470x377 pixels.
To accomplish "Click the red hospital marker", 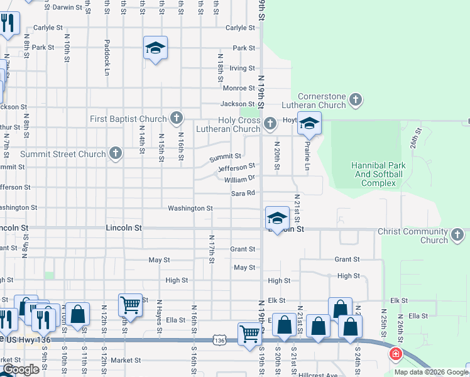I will [396, 354].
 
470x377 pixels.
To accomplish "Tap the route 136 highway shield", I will [219, 340].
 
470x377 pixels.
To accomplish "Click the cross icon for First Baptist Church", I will [177, 118].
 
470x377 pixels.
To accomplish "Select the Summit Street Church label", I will [63, 154].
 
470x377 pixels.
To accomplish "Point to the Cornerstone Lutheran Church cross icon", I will [356, 99].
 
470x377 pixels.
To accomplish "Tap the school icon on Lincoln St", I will [276, 217].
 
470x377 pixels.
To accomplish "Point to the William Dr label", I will [238, 180].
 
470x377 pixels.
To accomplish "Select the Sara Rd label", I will [243, 194].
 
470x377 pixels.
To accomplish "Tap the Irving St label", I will [243, 68].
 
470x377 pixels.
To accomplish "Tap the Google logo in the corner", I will [21, 369].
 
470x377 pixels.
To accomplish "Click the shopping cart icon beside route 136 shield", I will [249, 333].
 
